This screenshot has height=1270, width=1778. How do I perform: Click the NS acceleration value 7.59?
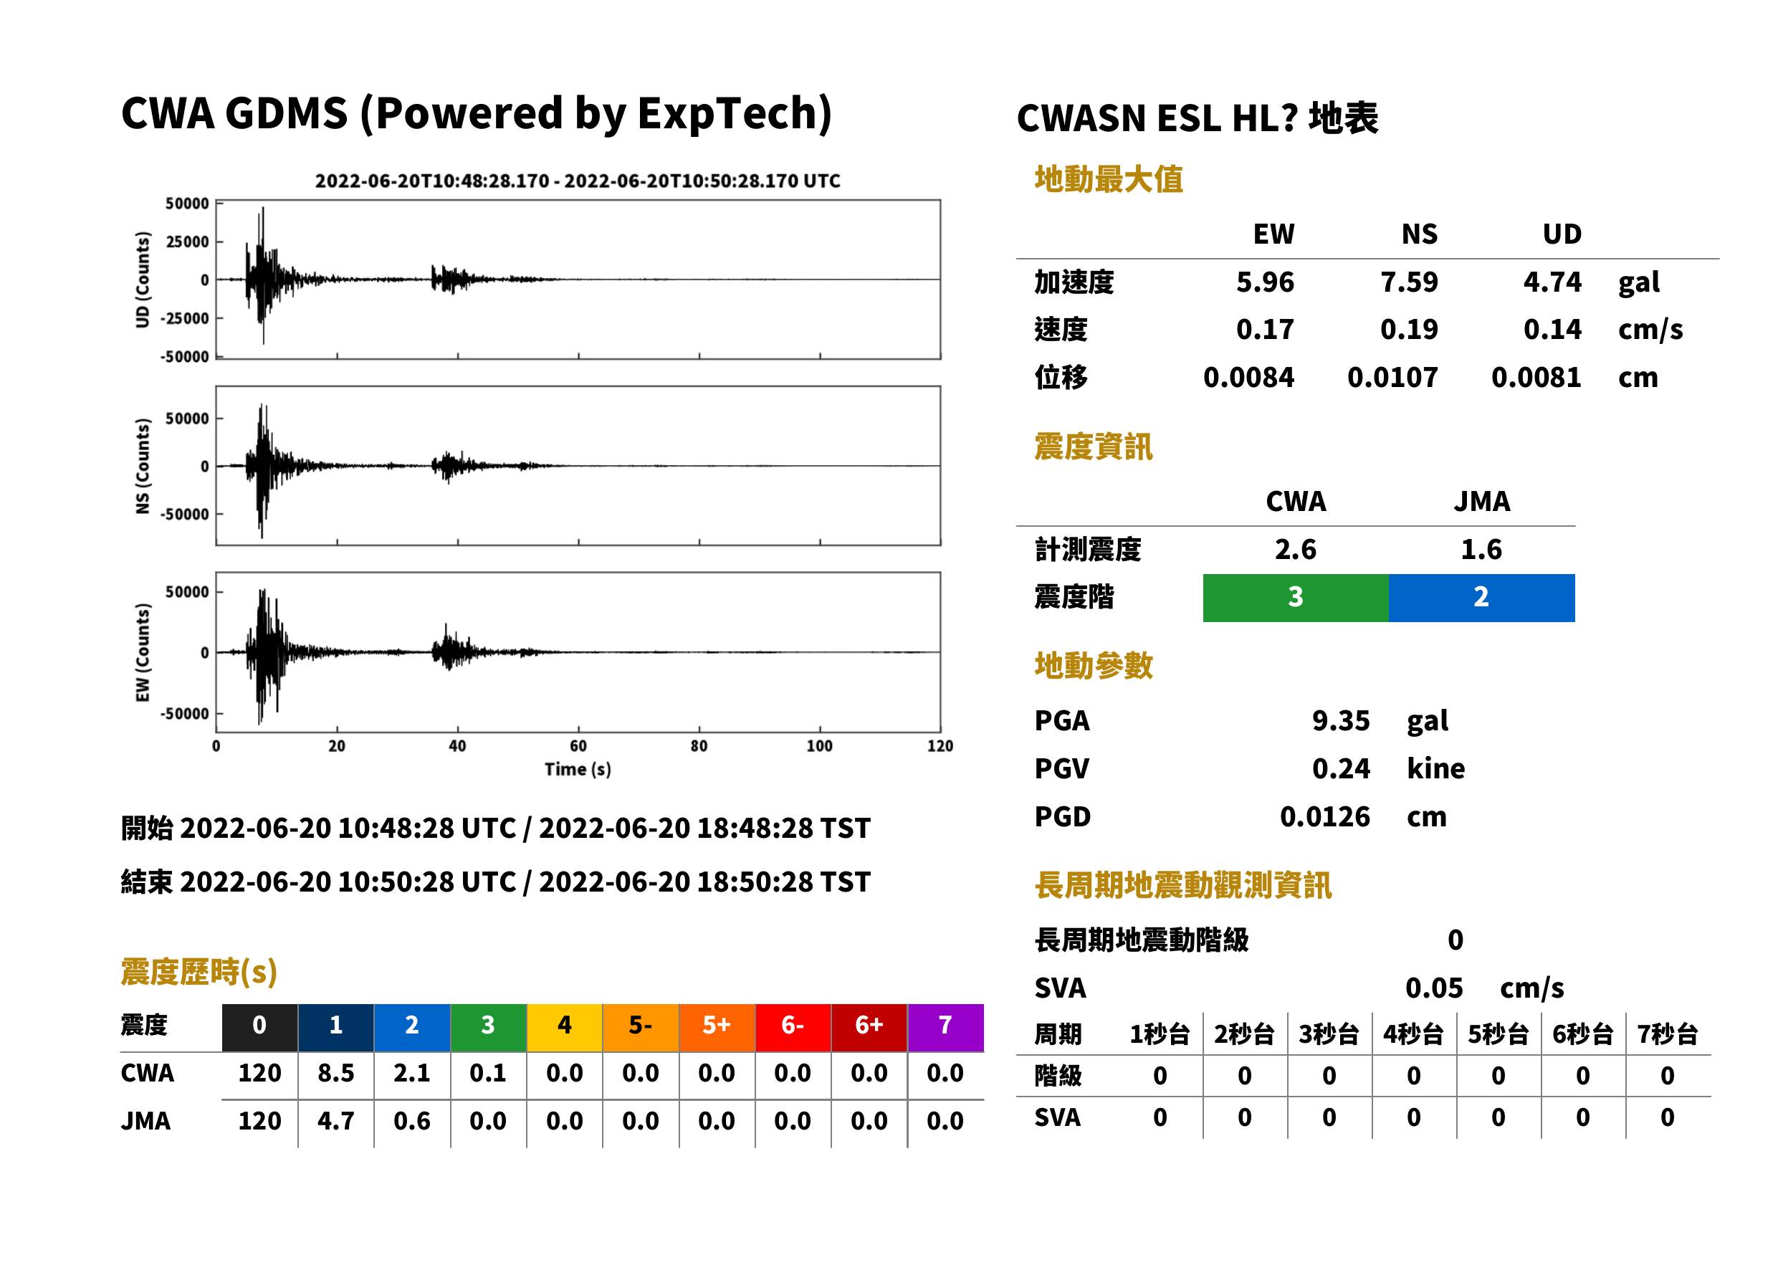[1408, 282]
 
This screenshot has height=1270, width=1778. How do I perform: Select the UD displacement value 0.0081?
[1536, 378]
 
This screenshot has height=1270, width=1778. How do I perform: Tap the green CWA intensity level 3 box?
[1296, 598]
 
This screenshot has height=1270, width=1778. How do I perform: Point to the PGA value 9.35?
[1341, 720]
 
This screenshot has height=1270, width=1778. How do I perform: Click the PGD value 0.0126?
[1324, 816]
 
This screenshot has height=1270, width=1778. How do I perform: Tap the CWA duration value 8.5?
[335, 1073]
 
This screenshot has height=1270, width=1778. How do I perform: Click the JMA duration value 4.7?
[335, 1121]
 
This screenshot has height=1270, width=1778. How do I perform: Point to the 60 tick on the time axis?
[578, 745]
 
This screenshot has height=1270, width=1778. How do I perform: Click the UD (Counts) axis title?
[143, 280]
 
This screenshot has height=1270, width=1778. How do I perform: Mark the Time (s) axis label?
[578, 770]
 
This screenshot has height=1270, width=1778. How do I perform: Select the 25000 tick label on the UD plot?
[187, 242]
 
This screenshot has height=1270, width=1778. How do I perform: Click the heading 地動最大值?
[1109, 179]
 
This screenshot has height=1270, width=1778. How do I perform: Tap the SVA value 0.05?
[1434, 988]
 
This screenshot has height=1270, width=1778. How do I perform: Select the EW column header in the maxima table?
[1273, 234]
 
